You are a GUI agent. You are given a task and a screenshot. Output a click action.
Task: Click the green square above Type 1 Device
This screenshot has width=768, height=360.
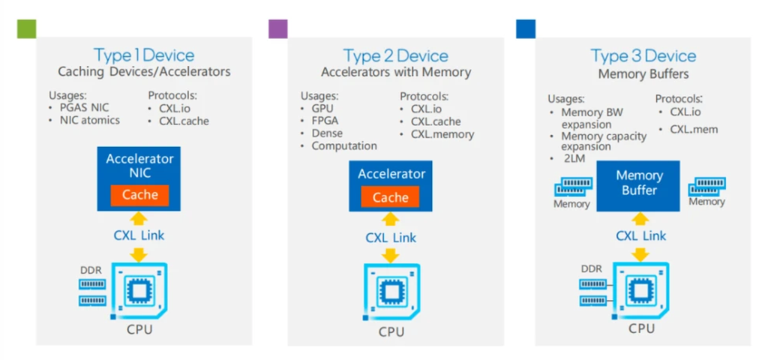tap(26, 29)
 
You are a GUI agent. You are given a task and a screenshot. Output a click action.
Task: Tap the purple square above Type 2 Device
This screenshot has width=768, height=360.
tap(278, 29)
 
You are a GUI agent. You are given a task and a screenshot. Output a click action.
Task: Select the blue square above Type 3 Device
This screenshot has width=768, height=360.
tap(526, 29)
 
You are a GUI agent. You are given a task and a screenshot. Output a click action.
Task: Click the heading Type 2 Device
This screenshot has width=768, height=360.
tap(395, 55)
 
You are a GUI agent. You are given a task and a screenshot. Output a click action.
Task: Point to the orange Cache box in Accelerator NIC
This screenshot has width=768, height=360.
tap(140, 195)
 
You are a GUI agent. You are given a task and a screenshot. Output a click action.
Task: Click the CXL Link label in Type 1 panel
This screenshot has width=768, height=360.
tap(139, 235)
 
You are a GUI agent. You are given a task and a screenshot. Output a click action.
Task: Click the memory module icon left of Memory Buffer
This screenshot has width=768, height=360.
tap(573, 187)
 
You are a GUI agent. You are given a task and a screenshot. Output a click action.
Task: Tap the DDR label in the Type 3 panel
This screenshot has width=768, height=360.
tap(591, 268)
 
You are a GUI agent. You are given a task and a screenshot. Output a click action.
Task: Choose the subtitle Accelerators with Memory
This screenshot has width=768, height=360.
tap(396, 73)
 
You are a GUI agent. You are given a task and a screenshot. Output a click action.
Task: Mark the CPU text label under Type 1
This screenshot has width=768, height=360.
tap(139, 328)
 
